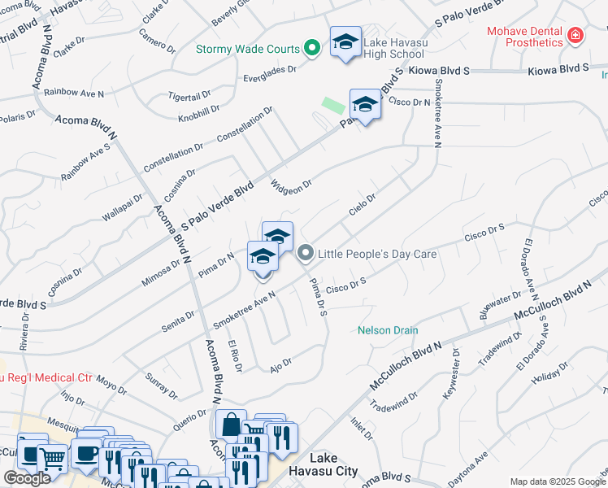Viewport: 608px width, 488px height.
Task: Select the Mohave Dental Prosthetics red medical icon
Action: tap(575, 36)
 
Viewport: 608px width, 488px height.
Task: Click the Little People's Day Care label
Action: tap(377, 254)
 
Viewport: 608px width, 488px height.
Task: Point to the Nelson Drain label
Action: tap(388, 330)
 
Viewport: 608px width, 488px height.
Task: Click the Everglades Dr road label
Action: tap(270, 75)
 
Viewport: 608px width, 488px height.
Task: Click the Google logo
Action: tap(27, 478)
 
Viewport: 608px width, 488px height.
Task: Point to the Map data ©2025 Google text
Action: tap(558, 481)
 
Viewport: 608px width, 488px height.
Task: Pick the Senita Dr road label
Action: tap(180, 314)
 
